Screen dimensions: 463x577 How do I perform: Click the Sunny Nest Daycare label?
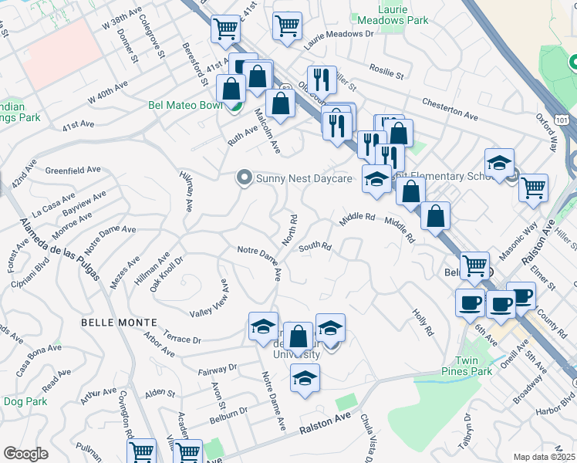coord(304,179)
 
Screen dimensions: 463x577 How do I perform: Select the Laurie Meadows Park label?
coord(391,15)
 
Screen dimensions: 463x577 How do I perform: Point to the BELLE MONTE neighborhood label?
coord(119,321)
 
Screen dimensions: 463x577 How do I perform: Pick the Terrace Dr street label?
coord(182,339)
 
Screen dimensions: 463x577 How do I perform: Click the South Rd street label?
coord(315,247)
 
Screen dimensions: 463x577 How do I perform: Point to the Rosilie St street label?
coord(386,72)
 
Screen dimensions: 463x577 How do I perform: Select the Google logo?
coord(25,453)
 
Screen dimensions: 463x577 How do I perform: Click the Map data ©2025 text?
coord(543,456)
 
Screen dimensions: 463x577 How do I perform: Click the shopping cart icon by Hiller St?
coord(534,187)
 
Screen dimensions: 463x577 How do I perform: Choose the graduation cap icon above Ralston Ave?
coord(305,378)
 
